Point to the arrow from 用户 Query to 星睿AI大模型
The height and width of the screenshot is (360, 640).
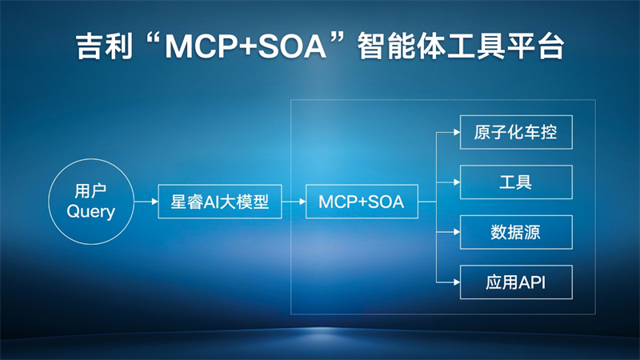point(146,202)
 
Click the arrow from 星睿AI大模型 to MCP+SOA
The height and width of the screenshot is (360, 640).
point(294,202)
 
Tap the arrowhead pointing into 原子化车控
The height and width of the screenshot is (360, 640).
point(457,132)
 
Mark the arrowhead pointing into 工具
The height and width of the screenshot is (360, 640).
point(457,182)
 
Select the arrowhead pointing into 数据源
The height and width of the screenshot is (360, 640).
point(457,232)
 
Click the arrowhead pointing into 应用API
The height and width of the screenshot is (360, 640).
point(457,282)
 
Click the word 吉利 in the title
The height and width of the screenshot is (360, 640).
point(105,46)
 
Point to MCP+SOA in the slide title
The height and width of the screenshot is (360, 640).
point(246,46)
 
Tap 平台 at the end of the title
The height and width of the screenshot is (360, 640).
point(535,46)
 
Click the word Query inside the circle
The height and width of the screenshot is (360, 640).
point(91,212)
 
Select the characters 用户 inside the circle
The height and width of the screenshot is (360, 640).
point(90,190)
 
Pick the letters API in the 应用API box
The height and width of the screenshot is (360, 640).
point(532,282)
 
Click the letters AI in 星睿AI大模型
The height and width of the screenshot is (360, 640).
point(212,202)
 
